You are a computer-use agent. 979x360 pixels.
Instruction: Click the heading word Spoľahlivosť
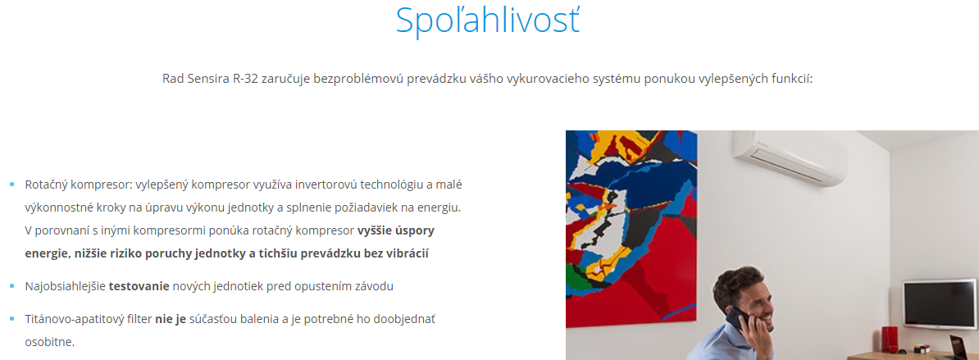coord(488,21)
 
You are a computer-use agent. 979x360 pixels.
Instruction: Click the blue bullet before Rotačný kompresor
coord(11,185)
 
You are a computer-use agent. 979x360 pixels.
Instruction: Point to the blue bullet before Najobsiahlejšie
coord(11,286)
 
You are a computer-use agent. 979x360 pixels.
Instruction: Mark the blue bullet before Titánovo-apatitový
coord(11,320)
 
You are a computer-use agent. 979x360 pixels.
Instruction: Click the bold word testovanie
coord(139,286)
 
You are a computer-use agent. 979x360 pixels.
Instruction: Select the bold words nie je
coord(171,320)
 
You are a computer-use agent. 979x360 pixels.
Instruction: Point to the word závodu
coord(373,286)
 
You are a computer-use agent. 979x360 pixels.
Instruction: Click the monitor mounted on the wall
coord(940,304)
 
